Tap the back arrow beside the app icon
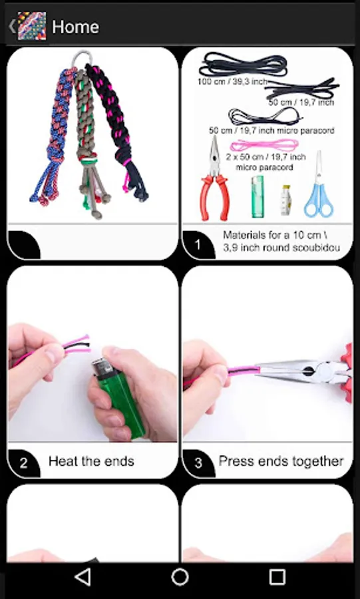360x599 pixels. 12,27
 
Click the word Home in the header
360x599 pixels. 76,27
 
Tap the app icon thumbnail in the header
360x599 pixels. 32,26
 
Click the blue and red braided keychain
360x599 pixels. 53,134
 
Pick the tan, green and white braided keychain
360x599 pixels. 90,141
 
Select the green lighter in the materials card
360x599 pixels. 258,196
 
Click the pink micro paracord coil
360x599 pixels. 264,145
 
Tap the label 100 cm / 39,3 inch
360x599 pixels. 232,81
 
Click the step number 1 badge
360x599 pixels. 198,245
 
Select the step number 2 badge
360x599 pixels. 23,463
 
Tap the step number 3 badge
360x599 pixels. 198,463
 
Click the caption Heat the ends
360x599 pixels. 91,461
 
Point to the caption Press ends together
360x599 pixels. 281,461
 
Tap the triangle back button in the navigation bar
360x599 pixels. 83,577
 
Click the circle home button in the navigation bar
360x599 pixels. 180,577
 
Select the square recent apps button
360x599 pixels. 277,577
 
